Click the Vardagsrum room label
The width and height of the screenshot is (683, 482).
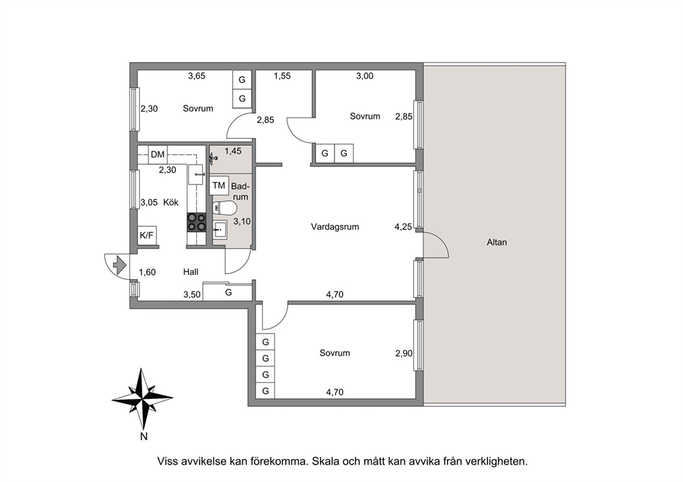tap(335, 227)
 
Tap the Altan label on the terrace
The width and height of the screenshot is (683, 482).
tap(496, 242)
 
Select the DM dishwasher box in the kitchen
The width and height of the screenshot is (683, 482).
tap(158, 154)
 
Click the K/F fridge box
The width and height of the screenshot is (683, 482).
tap(147, 235)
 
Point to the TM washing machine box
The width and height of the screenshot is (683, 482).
tap(219, 186)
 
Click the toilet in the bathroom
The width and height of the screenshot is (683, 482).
tap(224, 208)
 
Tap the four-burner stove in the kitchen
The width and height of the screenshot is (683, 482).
tap(196, 222)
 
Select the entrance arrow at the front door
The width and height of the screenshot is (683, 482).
tap(119, 264)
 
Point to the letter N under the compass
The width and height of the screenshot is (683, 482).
tap(144, 437)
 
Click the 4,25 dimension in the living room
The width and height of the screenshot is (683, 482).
tap(403, 227)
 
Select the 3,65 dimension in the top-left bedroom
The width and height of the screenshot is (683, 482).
tap(196, 76)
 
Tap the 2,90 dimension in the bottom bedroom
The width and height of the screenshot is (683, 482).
tap(403, 353)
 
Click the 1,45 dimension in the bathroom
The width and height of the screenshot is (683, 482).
tap(233, 151)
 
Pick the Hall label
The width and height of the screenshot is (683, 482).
tap(191, 272)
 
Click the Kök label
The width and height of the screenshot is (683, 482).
tap(171, 202)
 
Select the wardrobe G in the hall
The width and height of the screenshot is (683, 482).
tap(229, 292)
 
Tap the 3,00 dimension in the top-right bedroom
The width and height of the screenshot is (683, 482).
tap(365, 76)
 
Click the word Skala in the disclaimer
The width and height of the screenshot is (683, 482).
tap(324, 461)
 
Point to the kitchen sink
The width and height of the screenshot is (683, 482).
tap(196, 175)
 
